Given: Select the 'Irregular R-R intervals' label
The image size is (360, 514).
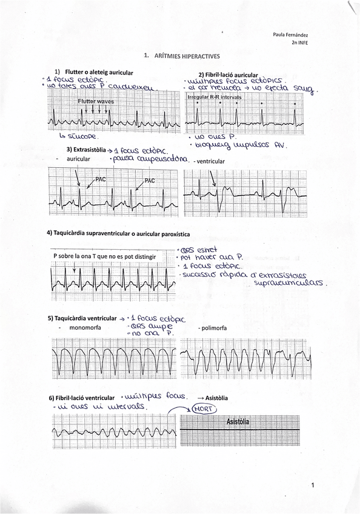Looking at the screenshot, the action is (x=214, y=96).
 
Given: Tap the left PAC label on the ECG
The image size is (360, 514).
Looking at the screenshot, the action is (x=101, y=179).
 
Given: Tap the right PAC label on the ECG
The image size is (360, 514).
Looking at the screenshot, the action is (x=150, y=180).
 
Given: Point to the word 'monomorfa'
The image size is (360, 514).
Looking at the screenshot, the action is (x=85, y=327).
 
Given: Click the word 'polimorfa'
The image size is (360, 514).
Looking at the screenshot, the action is (x=213, y=327).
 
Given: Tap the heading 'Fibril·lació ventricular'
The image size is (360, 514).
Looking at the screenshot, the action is (x=82, y=398).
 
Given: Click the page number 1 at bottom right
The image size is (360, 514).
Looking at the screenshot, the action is (x=312, y=485).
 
